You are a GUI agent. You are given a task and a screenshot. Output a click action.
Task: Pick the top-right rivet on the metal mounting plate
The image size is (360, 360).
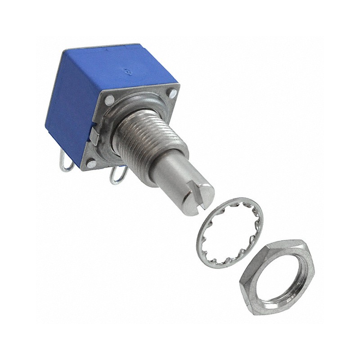tap(172, 94)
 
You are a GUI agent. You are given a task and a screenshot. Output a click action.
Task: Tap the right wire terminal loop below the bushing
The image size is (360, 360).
tap(116, 175)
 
